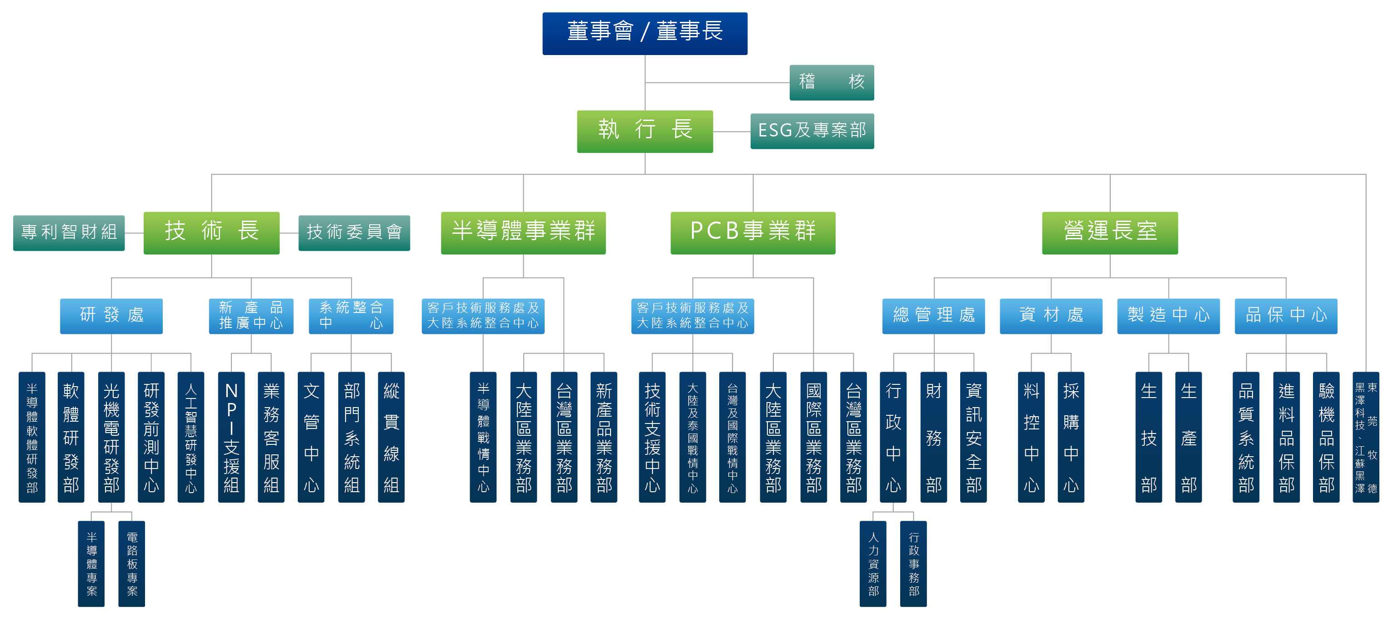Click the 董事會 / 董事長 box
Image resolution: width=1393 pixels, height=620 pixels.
(645, 34)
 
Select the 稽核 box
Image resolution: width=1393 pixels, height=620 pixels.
(831, 82)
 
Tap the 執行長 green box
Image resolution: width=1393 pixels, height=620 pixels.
(645, 131)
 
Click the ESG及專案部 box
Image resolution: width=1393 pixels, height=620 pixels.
(812, 131)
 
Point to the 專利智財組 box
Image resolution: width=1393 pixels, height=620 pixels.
(69, 232)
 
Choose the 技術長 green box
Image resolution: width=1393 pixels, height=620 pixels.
(211, 232)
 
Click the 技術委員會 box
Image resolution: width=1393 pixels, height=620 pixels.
(354, 232)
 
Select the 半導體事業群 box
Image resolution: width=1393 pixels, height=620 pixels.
(523, 232)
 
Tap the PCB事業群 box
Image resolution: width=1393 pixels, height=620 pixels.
(753, 232)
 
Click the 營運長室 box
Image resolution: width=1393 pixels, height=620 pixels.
(1110, 232)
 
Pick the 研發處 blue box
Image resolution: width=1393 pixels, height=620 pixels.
(111, 316)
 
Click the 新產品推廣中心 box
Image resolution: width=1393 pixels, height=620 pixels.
(251, 316)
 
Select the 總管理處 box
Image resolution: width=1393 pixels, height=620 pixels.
(933, 316)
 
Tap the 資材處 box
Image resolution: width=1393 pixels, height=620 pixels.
(1051, 316)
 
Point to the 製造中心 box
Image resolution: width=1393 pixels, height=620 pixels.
(1168, 316)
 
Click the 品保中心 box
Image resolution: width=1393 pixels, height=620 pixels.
(1285, 316)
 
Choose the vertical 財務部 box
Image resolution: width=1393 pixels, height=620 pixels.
(933, 437)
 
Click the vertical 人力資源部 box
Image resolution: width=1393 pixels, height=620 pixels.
(873, 564)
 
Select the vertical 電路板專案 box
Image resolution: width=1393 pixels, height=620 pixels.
(132, 564)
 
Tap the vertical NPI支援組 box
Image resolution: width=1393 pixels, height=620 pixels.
(231, 437)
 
